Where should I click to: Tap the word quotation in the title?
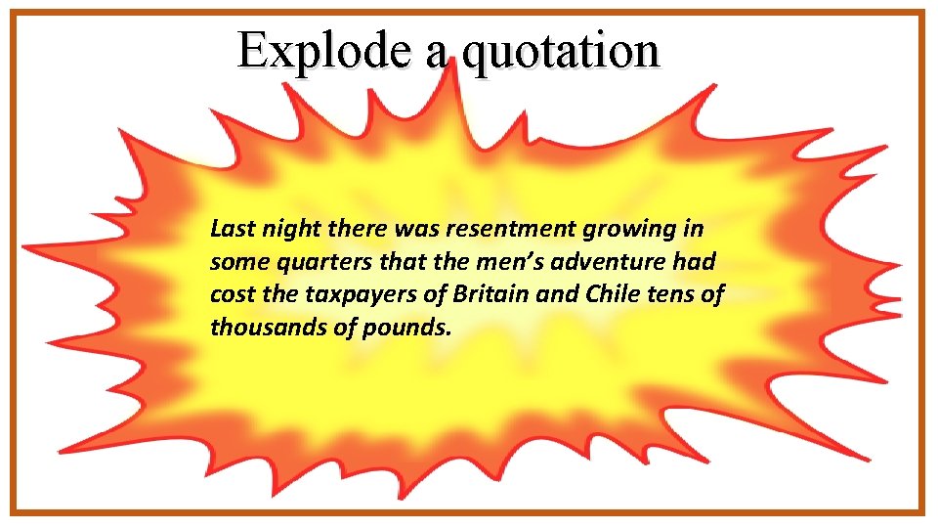tap(562, 51)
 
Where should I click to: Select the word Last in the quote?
tap(230, 230)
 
